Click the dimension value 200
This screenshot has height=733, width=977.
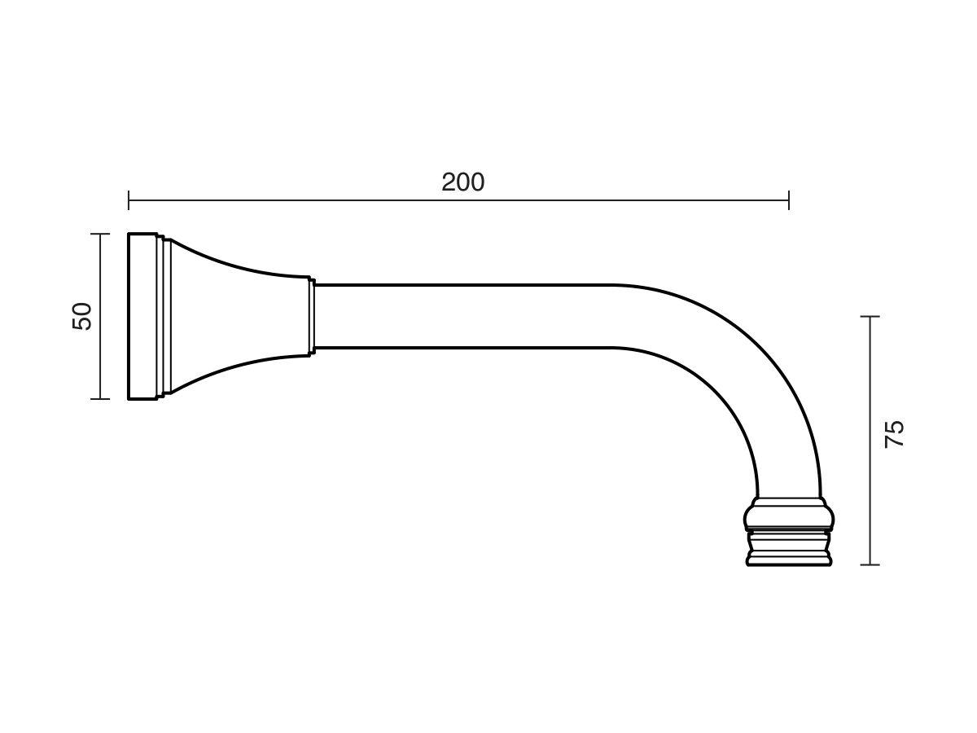pos(462,182)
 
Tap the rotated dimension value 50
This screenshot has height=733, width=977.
pos(82,315)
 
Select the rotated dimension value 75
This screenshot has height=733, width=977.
pos(894,433)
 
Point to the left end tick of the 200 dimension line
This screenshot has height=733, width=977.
pos(129,200)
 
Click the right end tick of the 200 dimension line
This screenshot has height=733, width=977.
pos(788,200)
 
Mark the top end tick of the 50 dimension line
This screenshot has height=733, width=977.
pos(99,235)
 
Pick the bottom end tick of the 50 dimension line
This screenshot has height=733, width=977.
pos(99,399)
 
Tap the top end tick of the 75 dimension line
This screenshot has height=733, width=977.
pos(870,316)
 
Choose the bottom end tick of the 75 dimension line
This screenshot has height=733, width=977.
pos(870,564)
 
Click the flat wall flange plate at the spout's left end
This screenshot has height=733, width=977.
pos(142,316)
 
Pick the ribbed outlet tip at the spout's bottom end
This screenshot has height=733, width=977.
pos(789,547)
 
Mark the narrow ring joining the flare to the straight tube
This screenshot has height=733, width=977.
pos(312,316)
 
